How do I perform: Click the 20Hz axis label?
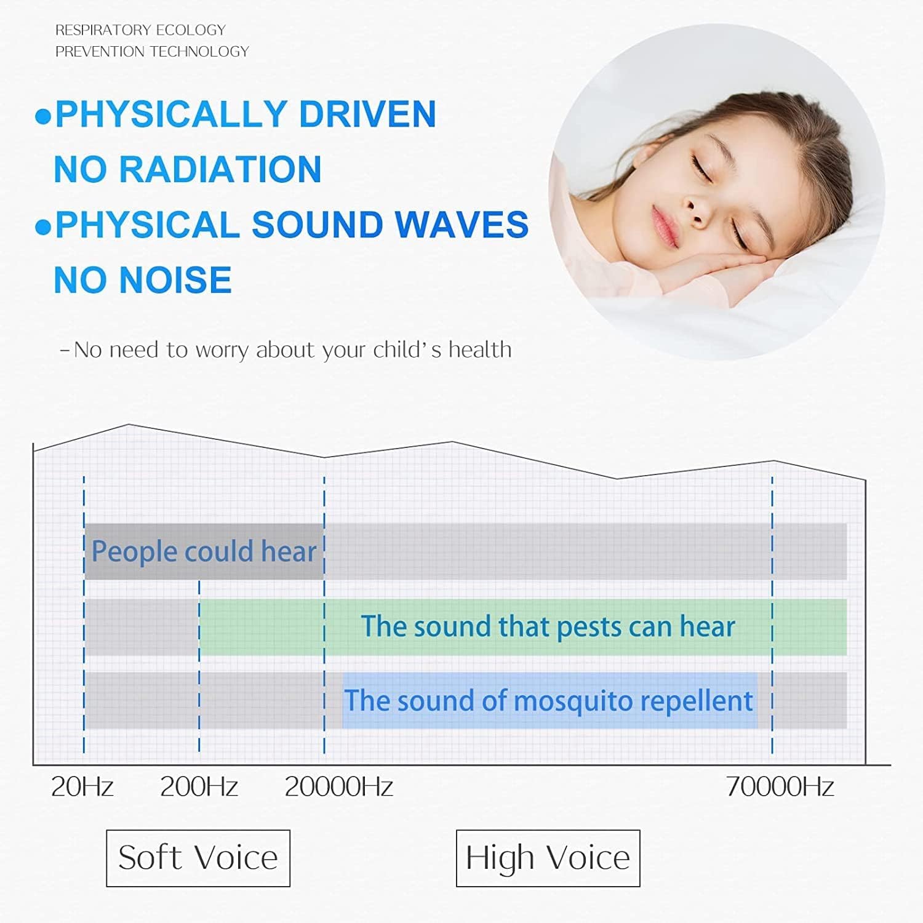(82, 786)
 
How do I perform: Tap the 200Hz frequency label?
(199, 786)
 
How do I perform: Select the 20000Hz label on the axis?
(338, 786)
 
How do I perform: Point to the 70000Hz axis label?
(780, 786)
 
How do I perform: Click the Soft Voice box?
(198, 858)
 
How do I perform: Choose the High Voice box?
(548, 858)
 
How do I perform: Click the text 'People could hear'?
(204, 551)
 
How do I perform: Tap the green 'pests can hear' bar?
(523, 626)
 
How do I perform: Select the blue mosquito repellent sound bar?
(549, 701)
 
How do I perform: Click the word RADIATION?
(220, 169)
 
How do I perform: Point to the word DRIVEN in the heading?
(367, 114)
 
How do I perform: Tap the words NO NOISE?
(143, 280)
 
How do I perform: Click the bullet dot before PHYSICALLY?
(43, 117)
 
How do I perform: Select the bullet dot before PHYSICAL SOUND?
(43, 228)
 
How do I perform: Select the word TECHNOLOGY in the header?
(199, 52)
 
